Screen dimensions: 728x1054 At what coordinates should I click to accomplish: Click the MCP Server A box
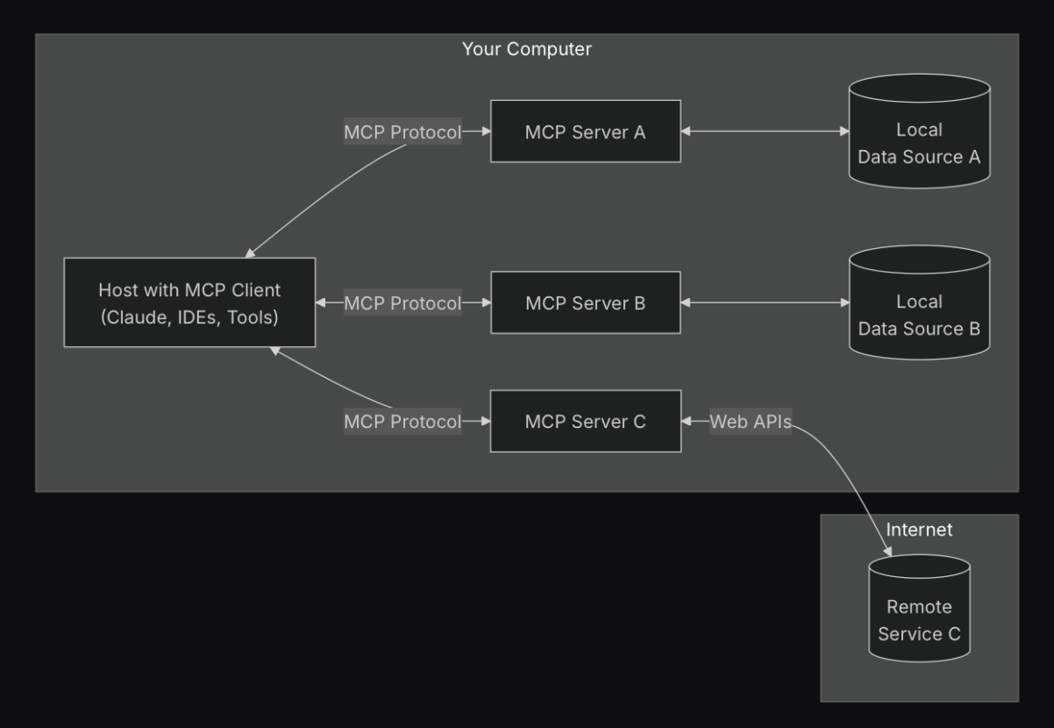(585, 132)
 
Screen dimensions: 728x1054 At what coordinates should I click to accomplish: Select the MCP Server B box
(585, 303)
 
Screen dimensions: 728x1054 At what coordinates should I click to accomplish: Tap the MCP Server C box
(585, 421)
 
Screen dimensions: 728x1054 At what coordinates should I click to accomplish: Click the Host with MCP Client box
(189, 303)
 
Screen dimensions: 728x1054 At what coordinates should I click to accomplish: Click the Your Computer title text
(526, 49)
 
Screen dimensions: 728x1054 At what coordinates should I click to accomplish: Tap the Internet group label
(919, 529)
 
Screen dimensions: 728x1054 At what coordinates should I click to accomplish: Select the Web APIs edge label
(750, 421)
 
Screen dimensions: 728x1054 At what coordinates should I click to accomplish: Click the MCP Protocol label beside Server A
(403, 132)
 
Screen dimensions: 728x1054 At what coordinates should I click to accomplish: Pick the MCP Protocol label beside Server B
(403, 303)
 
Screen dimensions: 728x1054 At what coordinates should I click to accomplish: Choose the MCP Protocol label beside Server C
(403, 421)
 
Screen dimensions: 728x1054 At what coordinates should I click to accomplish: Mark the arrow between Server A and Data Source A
(765, 132)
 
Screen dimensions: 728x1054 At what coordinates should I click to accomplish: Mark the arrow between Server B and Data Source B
(765, 303)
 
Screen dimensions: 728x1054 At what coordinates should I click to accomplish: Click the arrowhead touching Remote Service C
(887, 552)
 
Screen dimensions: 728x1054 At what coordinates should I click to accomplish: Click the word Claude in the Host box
(134, 317)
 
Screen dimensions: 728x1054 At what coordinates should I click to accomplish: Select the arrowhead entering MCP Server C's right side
(688, 421)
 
